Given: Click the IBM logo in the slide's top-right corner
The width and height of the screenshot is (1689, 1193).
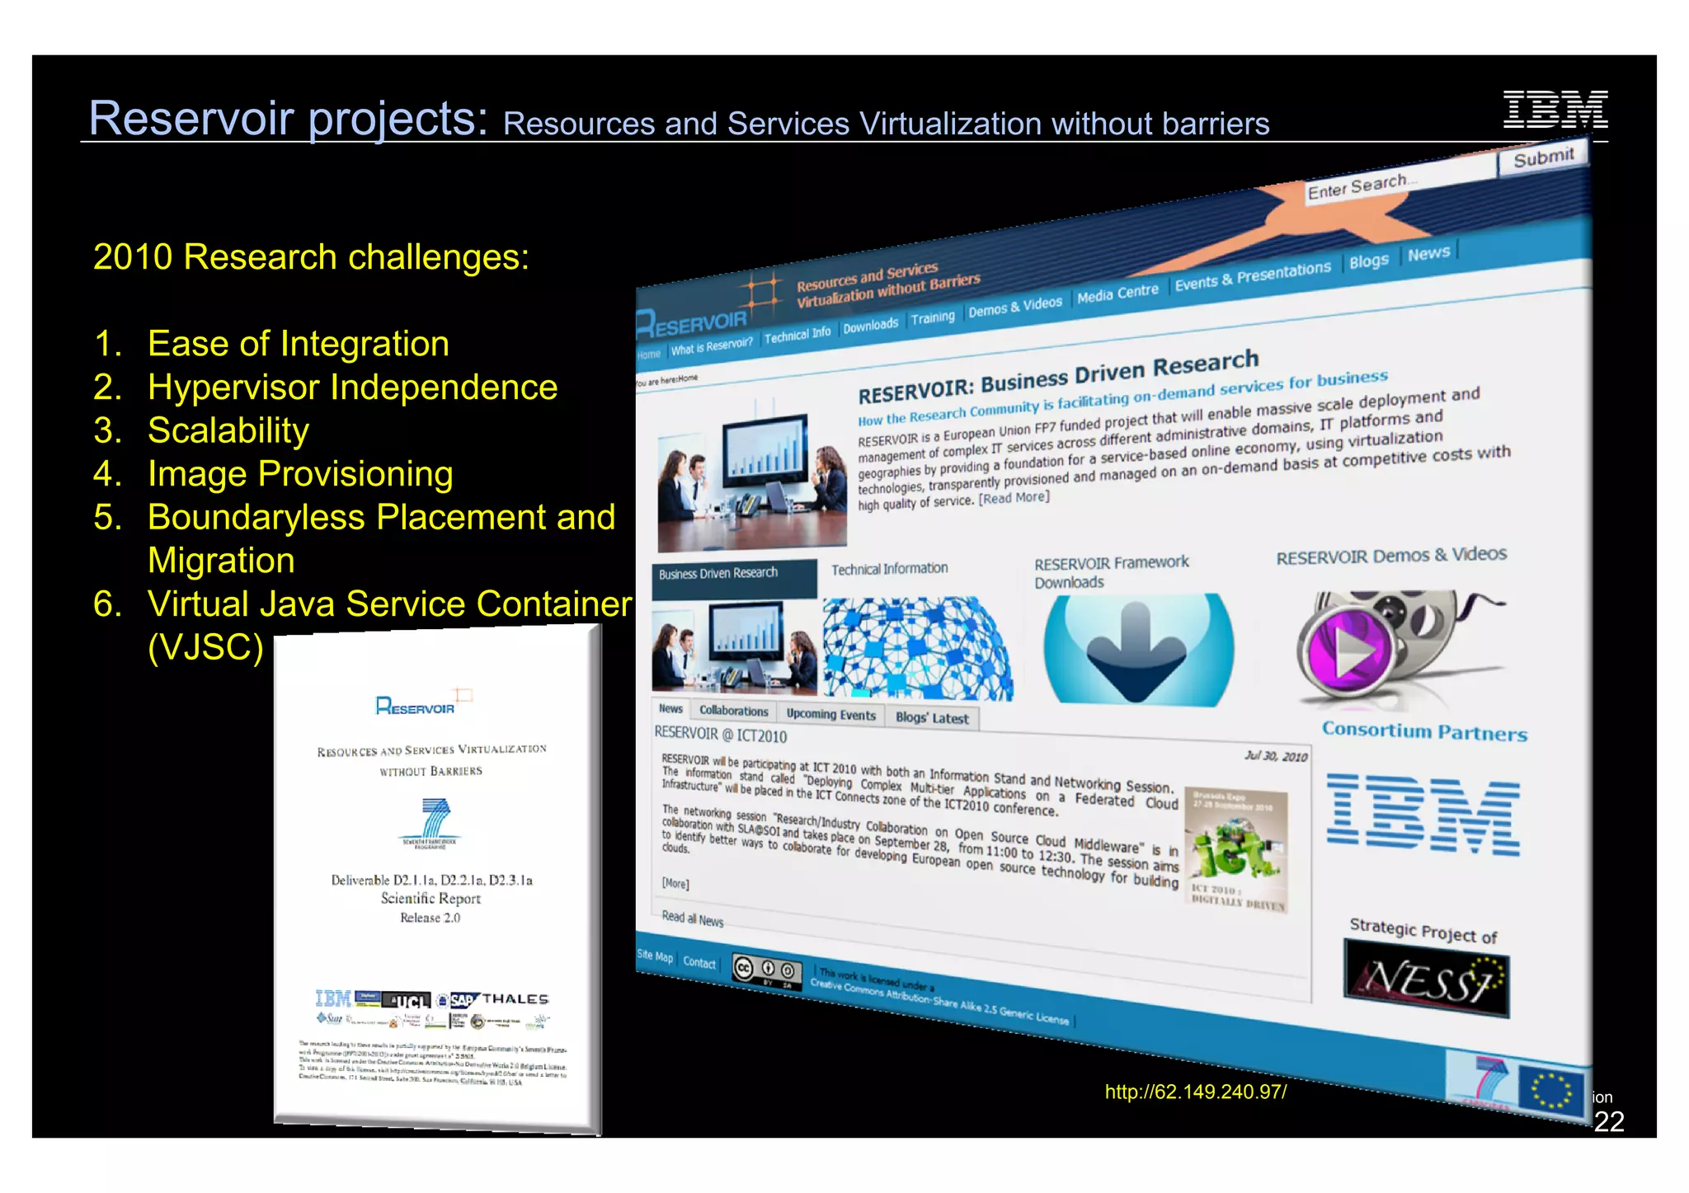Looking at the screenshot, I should [x=1555, y=109].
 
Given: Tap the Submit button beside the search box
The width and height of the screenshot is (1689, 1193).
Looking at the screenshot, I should [x=1543, y=157].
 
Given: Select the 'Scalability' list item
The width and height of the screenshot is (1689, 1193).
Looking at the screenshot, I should [x=228, y=430].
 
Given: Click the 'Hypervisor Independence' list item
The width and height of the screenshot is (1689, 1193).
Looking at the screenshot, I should [x=352, y=387].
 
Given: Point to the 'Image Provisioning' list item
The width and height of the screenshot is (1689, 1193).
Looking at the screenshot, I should [x=300, y=474].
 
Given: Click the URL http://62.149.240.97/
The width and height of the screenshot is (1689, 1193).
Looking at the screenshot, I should [x=1195, y=1092].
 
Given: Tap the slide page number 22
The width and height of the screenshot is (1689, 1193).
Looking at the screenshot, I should [x=1608, y=1121].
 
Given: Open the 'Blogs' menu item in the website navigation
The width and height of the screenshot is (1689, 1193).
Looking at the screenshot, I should [x=1368, y=261].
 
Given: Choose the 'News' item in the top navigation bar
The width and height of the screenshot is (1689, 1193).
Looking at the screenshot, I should [x=1428, y=253].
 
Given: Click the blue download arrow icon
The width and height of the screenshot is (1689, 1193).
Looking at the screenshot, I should [x=1136, y=651].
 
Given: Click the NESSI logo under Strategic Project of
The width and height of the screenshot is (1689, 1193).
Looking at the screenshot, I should [x=1426, y=980].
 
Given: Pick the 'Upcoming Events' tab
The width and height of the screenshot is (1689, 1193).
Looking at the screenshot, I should [x=830, y=714].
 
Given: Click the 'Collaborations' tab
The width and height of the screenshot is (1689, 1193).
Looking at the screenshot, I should [x=733, y=711].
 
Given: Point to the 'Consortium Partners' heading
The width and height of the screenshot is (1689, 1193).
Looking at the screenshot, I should [x=1424, y=731].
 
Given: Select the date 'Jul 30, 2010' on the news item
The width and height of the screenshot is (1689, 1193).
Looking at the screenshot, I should [x=1276, y=756].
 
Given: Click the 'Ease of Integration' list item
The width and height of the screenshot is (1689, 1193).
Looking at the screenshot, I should [x=298, y=344].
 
